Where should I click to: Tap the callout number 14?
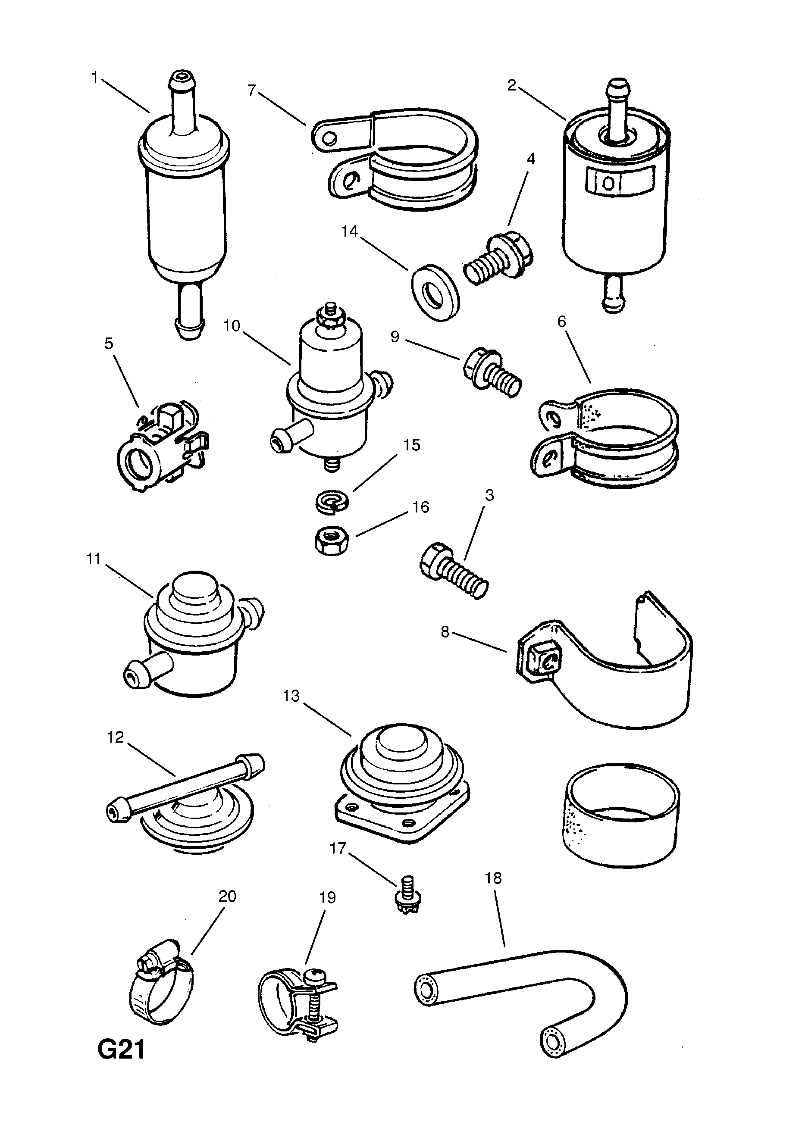(x=349, y=231)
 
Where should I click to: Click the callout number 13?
(x=291, y=696)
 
